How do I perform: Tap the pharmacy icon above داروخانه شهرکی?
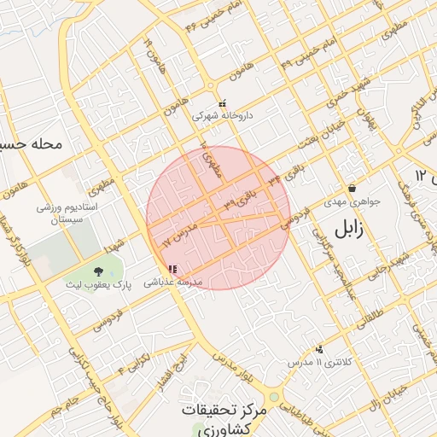[222, 103]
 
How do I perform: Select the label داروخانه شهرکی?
[222, 114]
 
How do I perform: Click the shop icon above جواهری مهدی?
[352, 189]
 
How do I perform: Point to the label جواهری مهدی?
[352, 204]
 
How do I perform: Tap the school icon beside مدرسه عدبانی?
[173, 269]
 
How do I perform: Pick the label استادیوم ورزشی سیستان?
[68, 213]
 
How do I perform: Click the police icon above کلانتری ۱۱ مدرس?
[319, 349]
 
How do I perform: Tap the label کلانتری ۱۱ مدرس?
[318, 363]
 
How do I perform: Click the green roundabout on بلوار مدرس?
[273, 397]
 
